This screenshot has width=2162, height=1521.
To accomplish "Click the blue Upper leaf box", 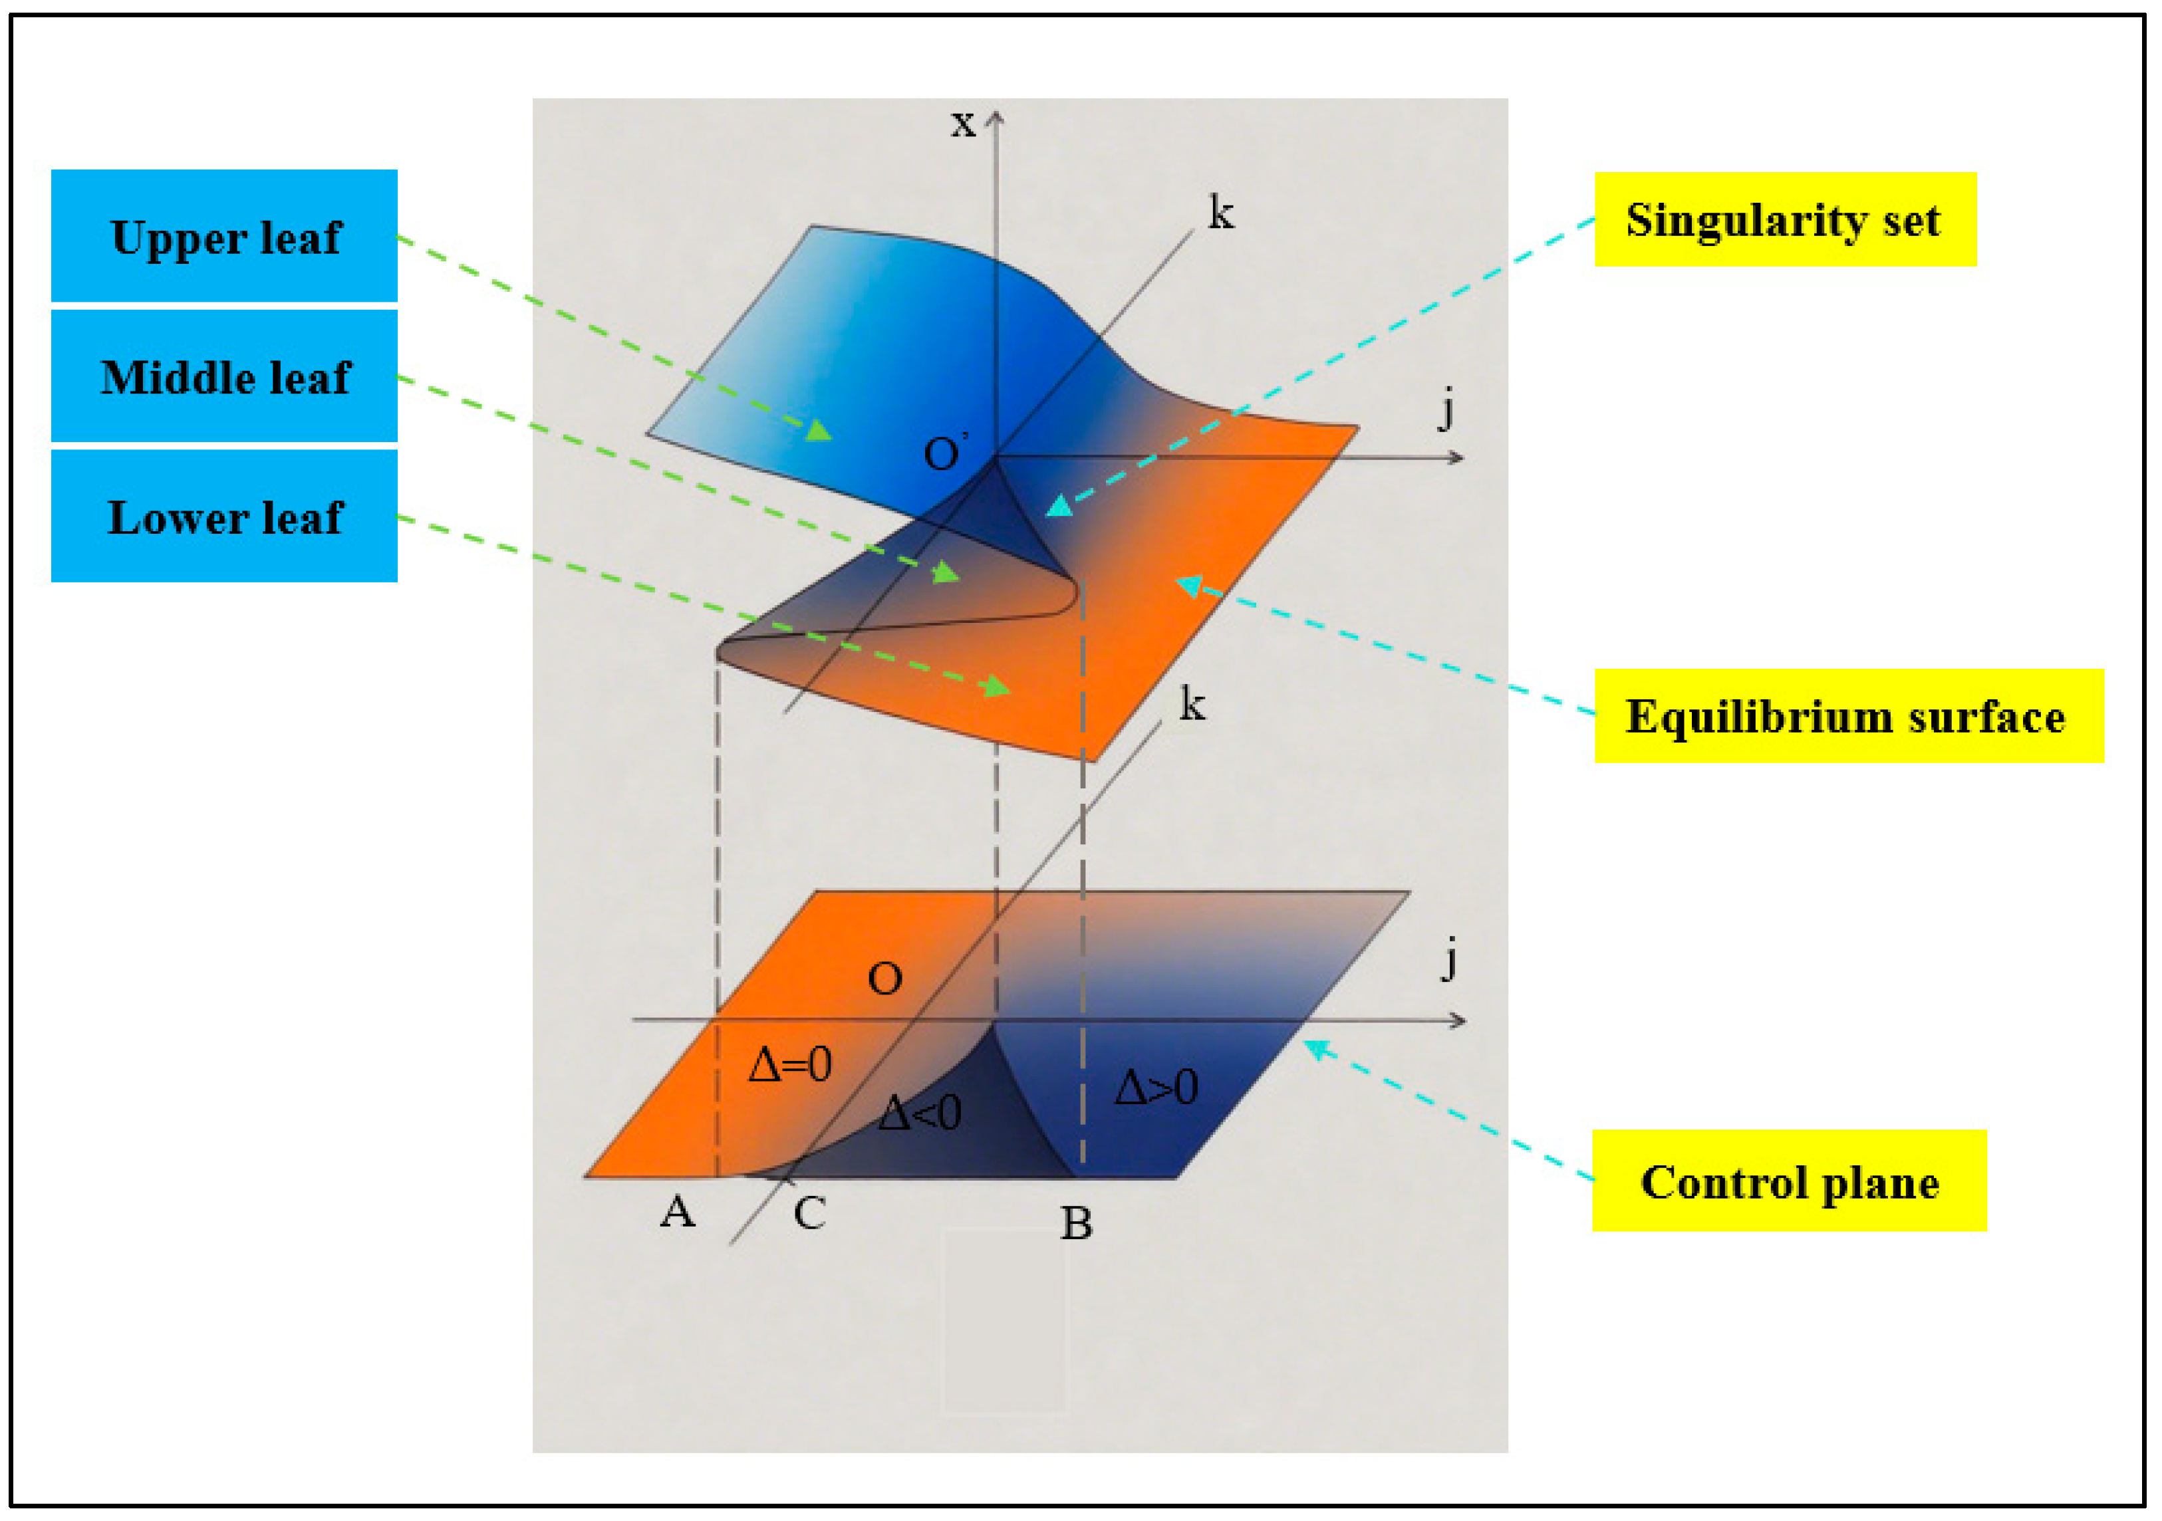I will [224, 236].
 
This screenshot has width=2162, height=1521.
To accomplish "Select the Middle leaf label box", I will [224, 376].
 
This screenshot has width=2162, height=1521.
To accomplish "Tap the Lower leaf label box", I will [224, 517].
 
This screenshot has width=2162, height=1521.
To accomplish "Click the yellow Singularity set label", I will [1784, 220].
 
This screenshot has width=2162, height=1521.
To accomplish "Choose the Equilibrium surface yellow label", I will [1847, 716].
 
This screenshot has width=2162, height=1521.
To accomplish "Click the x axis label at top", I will [962, 123].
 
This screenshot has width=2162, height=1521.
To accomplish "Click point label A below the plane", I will [677, 1211].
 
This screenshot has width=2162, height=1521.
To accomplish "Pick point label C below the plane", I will [809, 1213].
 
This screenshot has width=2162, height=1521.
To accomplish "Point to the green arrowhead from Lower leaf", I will [998, 687].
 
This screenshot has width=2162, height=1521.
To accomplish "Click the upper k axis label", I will [1221, 213].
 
